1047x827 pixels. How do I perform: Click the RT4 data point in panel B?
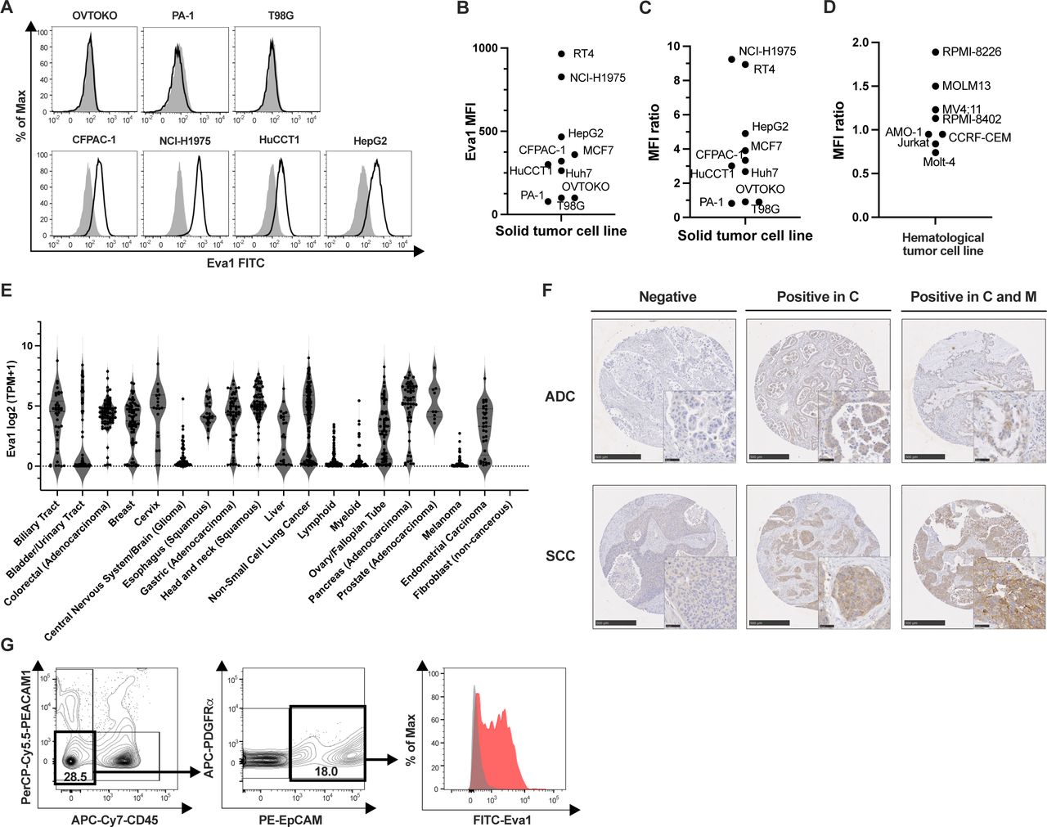pos(561,54)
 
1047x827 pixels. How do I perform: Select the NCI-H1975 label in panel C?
pos(766,52)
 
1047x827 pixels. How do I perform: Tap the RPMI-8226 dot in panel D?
pos(935,52)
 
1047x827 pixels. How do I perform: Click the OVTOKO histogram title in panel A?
pos(94,16)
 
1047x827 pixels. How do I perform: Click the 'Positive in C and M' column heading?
pos(973,297)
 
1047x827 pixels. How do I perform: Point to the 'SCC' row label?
pos(559,556)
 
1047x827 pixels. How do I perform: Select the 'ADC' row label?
pos(559,397)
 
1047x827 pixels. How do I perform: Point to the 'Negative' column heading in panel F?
pos(667,297)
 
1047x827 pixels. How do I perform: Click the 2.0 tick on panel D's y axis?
pos(859,43)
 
